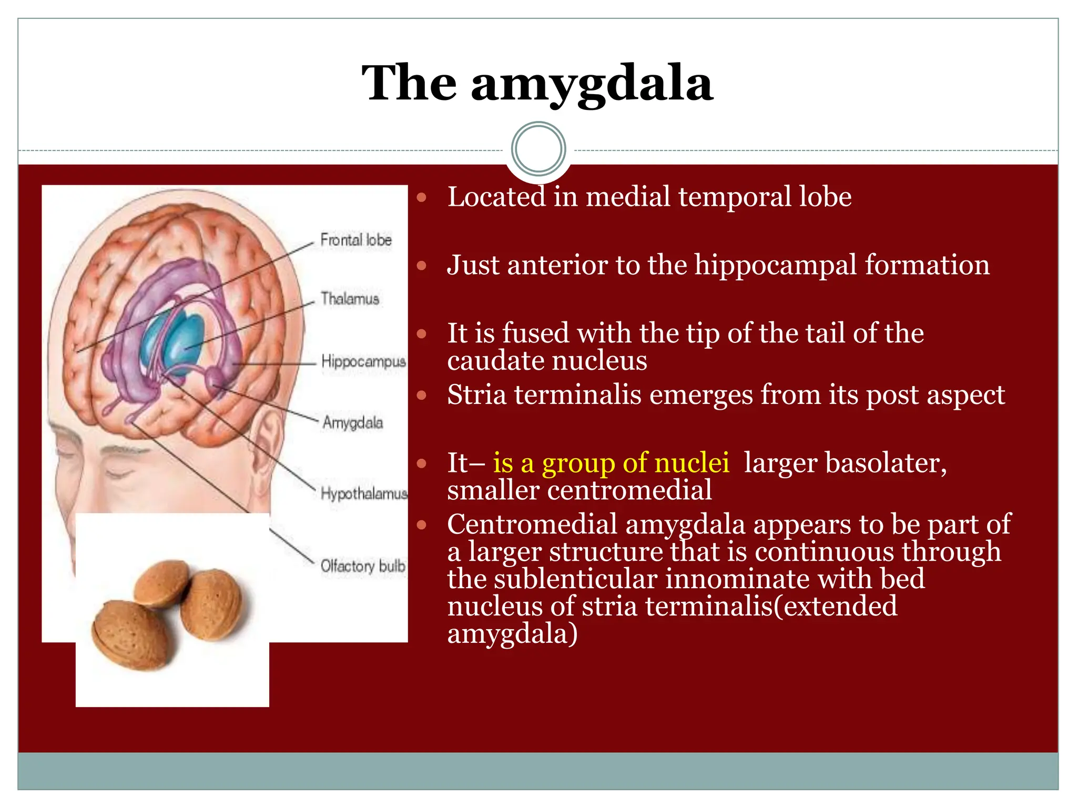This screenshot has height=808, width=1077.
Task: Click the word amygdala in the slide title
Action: coord(592,84)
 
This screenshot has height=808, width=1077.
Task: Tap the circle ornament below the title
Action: coord(538,149)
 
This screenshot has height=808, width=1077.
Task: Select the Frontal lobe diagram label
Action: coord(356,240)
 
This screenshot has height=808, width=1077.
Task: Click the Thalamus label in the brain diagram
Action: coord(350,299)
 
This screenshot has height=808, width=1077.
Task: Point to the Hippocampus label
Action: coord(363,362)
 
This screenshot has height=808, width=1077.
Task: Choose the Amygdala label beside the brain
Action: coord(352,422)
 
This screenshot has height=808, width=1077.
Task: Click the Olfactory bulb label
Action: coord(363,566)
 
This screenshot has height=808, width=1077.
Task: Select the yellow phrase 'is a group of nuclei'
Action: coord(611,463)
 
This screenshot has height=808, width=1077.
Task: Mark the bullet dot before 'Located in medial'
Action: coord(421,198)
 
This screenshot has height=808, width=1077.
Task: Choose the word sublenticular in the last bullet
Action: coord(575,579)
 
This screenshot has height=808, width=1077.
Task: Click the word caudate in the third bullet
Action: coord(492,361)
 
